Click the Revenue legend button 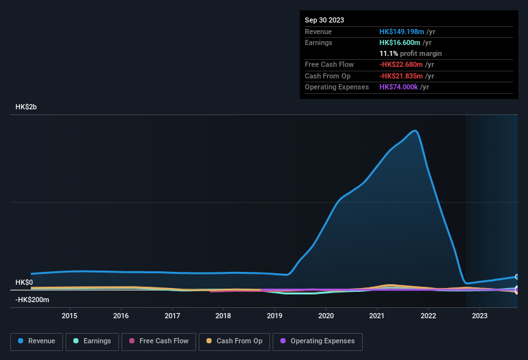pos(37,341)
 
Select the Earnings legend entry pos(92,341)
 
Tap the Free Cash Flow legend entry pos(159,341)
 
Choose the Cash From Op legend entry pos(234,341)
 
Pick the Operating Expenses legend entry pos(318,341)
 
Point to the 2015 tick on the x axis pos(69,316)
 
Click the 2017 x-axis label pos(172,316)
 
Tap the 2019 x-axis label pos(275,316)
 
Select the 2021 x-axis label pos(377,316)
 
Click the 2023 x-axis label pos(479,316)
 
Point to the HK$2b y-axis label pos(26,107)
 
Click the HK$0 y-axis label pos(24,283)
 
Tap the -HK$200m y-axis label pos(32,300)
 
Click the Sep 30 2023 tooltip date pos(324,20)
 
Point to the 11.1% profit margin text pos(410,53)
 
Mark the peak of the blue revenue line pos(415,131)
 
